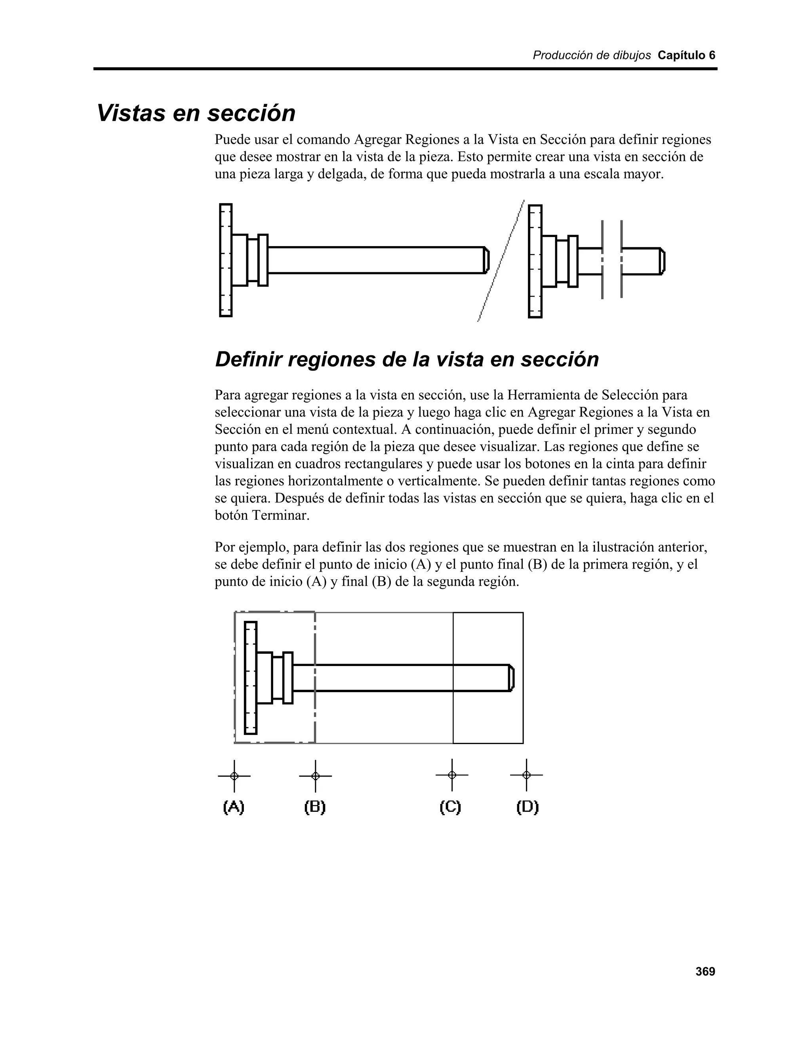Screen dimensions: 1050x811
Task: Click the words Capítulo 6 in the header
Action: [x=686, y=55]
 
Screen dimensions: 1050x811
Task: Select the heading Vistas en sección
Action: [x=196, y=113]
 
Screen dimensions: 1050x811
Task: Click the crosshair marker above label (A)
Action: [x=234, y=776]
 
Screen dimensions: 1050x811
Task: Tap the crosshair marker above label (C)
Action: [x=451, y=775]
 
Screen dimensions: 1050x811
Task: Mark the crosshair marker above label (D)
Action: [x=527, y=775]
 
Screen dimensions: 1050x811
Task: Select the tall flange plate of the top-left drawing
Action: [x=226, y=260]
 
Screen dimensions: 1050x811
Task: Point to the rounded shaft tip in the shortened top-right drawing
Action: [x=662, y=262]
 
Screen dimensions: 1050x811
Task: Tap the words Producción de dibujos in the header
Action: [x=592, y=55]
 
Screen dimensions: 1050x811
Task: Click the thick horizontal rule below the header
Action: [x=405, y=69]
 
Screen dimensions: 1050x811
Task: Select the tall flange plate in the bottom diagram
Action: [x=250, y=678]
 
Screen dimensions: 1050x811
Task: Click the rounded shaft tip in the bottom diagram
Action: [x=511, y=678]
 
